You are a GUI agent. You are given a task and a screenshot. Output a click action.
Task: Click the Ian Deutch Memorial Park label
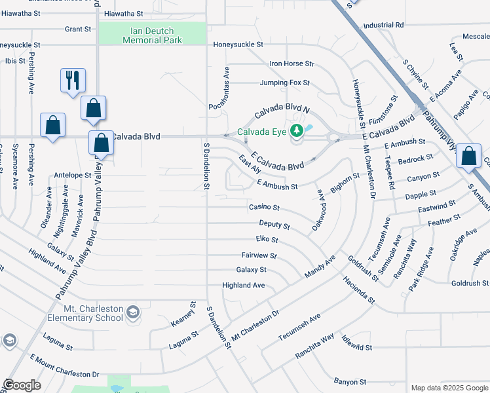pos(151,34)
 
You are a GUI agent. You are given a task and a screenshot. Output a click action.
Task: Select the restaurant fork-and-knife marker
pos(72,81)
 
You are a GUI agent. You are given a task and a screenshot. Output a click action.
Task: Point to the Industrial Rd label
pos(383,26)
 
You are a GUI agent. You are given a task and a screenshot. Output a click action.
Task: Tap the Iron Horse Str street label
pos(292,64)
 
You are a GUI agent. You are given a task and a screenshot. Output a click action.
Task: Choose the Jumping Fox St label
pos(284,83)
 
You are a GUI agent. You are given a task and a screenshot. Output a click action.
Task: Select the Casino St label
pos(264,208)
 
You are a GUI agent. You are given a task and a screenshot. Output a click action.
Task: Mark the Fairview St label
pos(259,255)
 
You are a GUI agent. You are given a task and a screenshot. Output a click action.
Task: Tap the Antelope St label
pos(72,176)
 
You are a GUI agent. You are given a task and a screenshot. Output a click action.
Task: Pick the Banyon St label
pos(350,382)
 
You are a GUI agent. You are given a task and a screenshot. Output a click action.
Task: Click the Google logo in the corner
pos(22,385)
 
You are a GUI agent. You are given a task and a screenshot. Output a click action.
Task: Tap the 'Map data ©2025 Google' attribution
pos(449,388)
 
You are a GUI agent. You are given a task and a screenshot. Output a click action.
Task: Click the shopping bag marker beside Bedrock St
pos(468,158)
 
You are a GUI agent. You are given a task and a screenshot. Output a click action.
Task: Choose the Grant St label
pos(78,29)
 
